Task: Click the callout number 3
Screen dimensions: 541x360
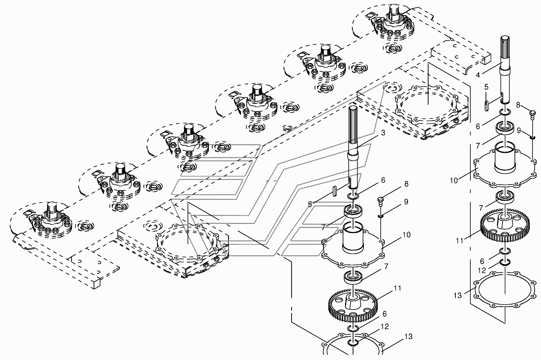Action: [383, 133]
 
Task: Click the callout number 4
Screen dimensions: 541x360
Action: [478, 75]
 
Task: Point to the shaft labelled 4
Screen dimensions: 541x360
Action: [505, 70]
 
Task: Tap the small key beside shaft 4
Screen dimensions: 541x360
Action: [487, 106]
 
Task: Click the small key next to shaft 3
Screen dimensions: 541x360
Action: [335, 191]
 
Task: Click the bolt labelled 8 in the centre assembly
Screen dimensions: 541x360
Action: [380, 201]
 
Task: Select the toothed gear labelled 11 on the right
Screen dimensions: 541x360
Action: [505, 226]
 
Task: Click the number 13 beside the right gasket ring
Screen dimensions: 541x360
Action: [457, 295]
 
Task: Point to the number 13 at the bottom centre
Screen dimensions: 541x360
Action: [408, 336]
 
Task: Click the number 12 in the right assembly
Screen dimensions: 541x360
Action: [482, 271]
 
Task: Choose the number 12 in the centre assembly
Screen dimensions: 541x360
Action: [385, 326]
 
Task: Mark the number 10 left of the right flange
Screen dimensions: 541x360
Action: [454, 181]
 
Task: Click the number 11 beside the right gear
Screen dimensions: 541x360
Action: [459, 240]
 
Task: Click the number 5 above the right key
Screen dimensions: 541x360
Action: [486, 87]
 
